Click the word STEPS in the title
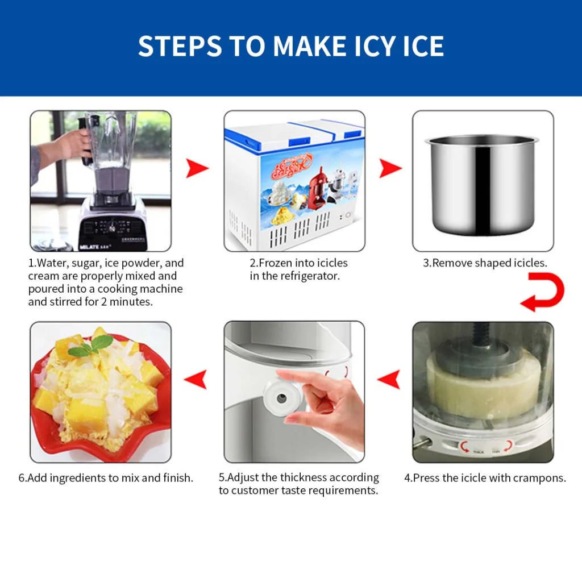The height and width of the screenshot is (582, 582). click(177, 46)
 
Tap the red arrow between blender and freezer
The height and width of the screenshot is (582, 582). click(197, 169)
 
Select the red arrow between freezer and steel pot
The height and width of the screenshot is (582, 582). click(390, 169)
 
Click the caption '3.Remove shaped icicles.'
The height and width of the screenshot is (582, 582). click(485, 263)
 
